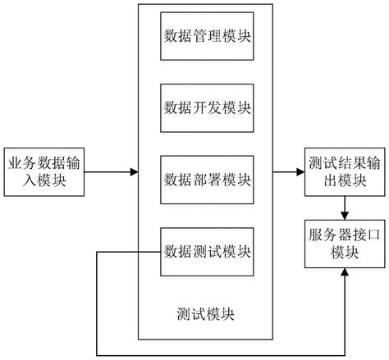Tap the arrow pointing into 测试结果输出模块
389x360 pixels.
288,172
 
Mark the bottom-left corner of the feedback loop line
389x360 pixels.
98,353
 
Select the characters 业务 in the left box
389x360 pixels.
20,162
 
